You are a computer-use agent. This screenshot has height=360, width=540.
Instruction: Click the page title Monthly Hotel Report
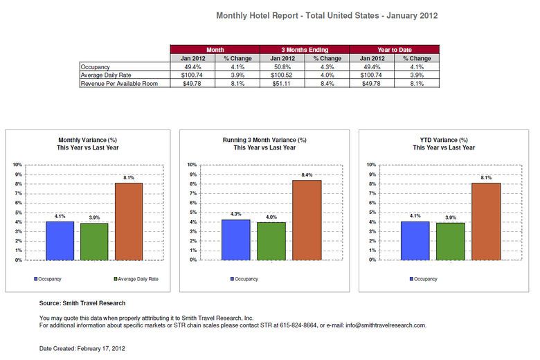point(327,15)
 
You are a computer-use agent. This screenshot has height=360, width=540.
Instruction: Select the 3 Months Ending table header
point(305,50)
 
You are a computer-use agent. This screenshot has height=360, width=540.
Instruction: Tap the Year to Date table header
point(395,50)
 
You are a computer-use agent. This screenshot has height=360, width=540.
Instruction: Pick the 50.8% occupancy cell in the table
point(282,66)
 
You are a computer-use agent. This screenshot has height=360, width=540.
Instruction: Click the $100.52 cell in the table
point(282,75)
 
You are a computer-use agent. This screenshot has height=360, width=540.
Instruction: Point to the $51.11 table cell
point(282,83)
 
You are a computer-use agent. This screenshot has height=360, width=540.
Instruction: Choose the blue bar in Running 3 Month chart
point(235,240)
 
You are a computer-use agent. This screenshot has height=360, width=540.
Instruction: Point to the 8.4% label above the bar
point(307,175)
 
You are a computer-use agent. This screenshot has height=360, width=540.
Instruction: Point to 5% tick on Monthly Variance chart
point(18,213)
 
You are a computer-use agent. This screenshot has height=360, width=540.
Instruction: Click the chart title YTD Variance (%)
point(444,140)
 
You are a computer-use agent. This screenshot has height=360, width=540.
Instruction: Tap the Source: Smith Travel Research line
point(82,303)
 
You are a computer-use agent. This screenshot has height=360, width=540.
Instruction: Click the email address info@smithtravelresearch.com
point(385,325)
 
